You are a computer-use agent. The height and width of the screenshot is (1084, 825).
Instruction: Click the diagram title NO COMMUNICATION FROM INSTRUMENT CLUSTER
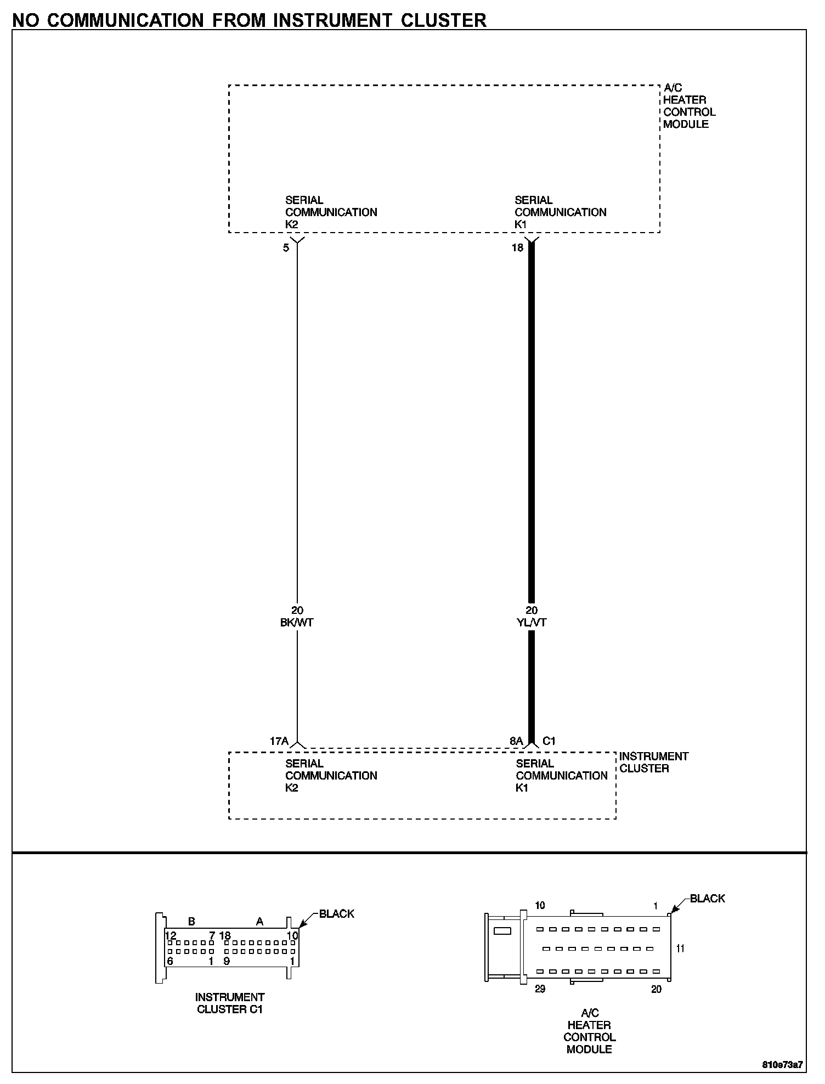click(x=249, y=20)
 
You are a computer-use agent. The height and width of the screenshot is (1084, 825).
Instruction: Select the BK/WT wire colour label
click(x=297, y=623)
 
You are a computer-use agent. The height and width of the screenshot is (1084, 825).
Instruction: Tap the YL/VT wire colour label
click(x=532, y=623)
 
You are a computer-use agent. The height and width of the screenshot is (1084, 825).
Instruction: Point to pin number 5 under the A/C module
click(x=286, y=248)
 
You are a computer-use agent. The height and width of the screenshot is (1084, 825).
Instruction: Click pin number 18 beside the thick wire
click(x=518, y=248)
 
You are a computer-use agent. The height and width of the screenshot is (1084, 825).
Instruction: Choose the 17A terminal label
click(x=279, y=741)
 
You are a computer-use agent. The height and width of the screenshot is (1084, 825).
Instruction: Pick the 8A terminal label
click(x=516, y=741)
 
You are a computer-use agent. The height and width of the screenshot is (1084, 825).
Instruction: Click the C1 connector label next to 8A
click(x=549, y=741)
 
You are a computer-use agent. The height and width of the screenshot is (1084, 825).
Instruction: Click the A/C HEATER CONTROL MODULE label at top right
click(x=690, y=106)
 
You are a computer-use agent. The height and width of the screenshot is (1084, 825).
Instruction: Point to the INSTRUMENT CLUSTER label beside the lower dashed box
click(x=654, y=763)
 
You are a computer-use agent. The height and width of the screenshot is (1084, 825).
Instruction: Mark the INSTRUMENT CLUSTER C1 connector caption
click(x=230, y=1003)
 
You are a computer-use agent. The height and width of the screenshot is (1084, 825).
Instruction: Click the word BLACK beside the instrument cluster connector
click(x=337, y=914)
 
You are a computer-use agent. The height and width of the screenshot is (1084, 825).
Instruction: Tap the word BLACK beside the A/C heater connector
click(x=708, y=899)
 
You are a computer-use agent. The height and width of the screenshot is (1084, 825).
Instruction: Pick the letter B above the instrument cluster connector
click(x=191, y=922)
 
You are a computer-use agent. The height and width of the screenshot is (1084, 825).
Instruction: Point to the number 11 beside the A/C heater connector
click(x=680, y=948)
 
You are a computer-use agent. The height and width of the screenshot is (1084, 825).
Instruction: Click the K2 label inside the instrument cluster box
click(x=292, y=788)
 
